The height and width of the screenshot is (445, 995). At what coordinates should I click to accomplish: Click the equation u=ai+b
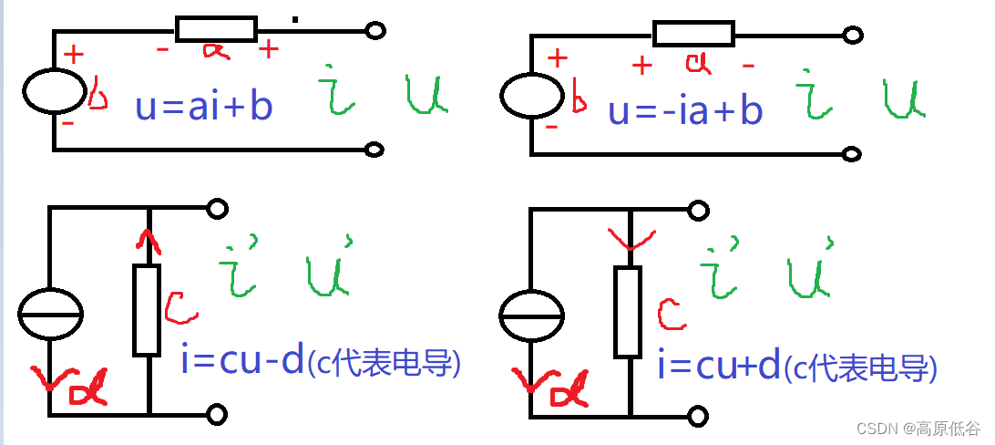click(x=203, y=107)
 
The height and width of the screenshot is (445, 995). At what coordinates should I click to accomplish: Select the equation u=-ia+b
click(x=685, y=109)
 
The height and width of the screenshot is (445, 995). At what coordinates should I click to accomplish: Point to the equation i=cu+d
click(x=720, y=366)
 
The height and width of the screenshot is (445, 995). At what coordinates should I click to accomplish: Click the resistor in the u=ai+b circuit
click(x=216, y=29)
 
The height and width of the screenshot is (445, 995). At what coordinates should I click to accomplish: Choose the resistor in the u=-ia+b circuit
click(x=693, y=35)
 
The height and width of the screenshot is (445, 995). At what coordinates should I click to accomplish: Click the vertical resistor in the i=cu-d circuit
click(x=147, y=310)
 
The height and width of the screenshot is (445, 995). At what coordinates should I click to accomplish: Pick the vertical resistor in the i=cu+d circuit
click(x=628, y=312)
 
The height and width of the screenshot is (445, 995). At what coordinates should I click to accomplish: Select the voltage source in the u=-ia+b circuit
click(x=532, y=94)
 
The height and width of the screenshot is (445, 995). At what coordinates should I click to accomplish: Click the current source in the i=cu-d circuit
click(x=51, y=313)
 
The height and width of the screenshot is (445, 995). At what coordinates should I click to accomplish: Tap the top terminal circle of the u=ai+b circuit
click(x=374, y=31)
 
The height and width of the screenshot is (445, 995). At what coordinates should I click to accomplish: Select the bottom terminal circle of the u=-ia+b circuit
click(x=853, y=153)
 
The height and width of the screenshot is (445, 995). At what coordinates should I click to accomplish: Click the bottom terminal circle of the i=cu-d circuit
click(x=217, y=415)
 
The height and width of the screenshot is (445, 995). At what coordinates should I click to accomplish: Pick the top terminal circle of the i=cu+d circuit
click(x=698, y=211)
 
